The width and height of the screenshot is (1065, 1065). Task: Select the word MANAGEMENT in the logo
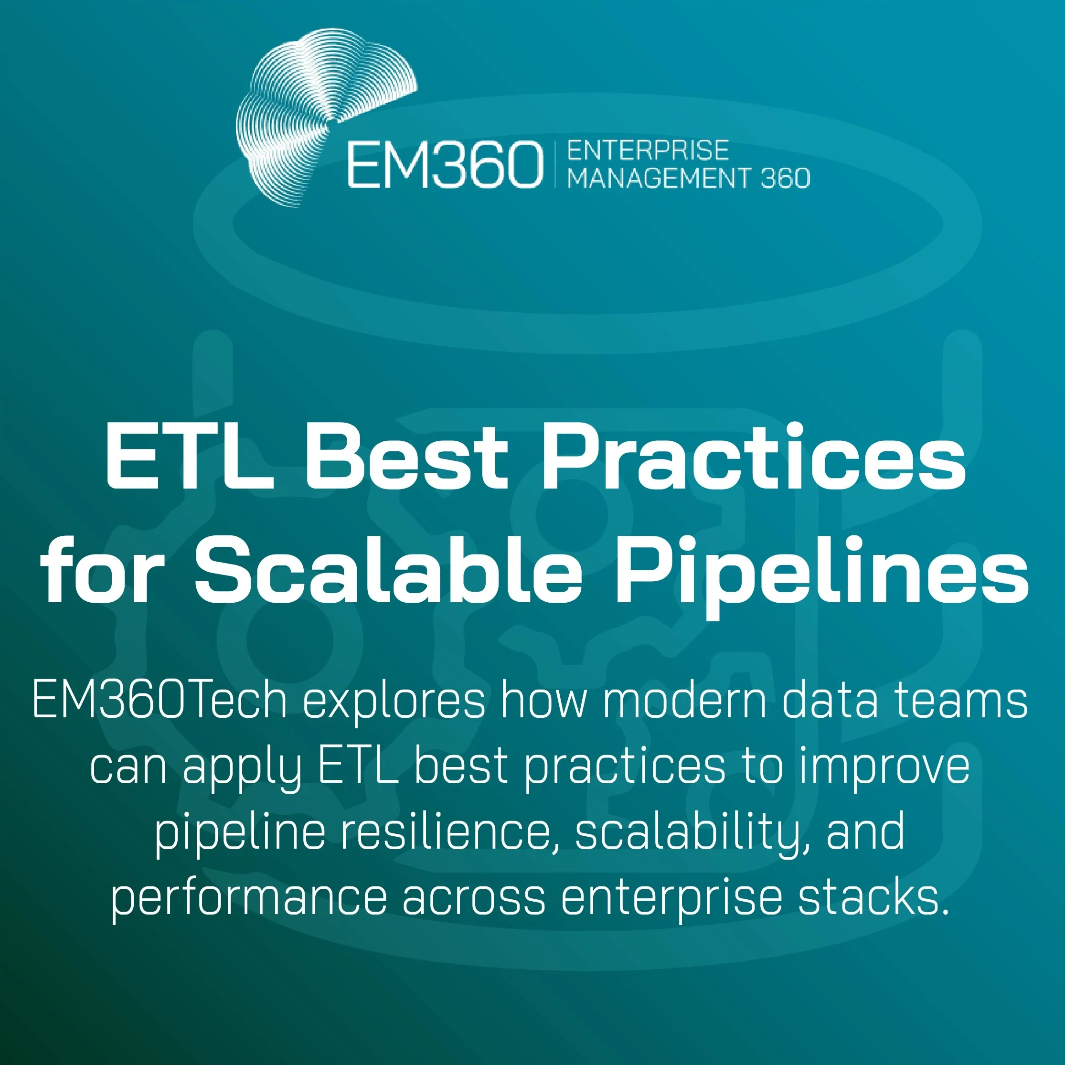[x=657, y=178]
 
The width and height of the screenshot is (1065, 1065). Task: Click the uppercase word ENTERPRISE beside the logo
[x=648, y=150]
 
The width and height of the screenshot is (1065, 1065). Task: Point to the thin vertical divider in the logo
[x=555, y=164]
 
